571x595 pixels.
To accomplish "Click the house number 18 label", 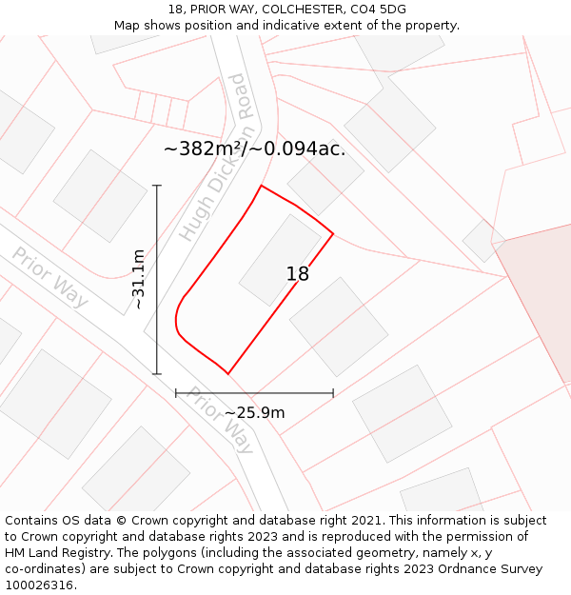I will [x=297, y=274].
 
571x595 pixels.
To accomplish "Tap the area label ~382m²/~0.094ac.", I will [x=254, y=149].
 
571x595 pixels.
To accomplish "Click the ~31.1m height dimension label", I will [x=138, y=279].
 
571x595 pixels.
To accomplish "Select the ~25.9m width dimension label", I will [x=254, y=413].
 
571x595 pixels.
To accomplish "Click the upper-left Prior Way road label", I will [x=49, y=277].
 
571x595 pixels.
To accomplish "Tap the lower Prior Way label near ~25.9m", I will [x=219, y=420].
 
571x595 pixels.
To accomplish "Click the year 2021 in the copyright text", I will [x=366, y=521].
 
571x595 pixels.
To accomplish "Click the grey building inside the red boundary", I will [x=280, y=260].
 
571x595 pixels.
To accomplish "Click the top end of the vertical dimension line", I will [x=157, y=186].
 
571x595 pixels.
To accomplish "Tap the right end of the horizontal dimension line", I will [x=333, y=392].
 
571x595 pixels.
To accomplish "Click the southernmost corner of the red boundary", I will [x=228, y=374].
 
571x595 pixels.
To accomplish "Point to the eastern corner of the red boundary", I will [x=333, y=233].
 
